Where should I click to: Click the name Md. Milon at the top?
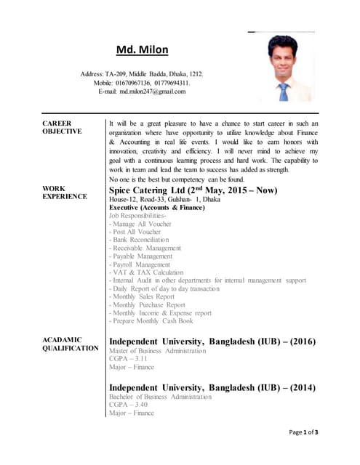click(143, 50)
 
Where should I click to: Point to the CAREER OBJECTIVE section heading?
click(62, 127)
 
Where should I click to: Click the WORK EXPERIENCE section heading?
click(64, 193)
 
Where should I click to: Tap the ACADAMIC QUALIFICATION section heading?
click(70, 344)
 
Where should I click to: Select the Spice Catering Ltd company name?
click(151, 190)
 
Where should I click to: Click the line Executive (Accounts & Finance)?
click(156, 208)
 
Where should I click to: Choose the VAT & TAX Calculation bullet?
click(146, 272)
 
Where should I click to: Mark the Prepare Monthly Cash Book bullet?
click(151, 321)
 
